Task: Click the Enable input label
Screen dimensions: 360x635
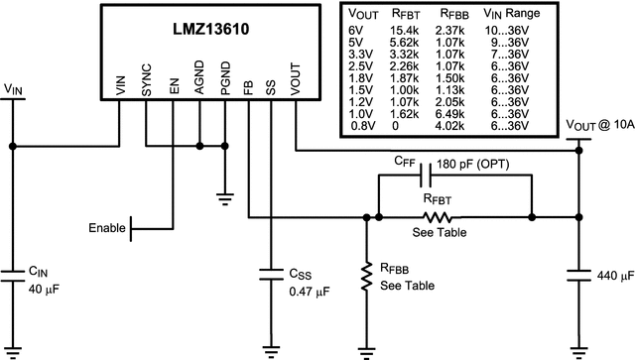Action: click(x=107, y=228)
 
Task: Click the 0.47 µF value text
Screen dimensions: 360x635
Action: click(x=310, y=292)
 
